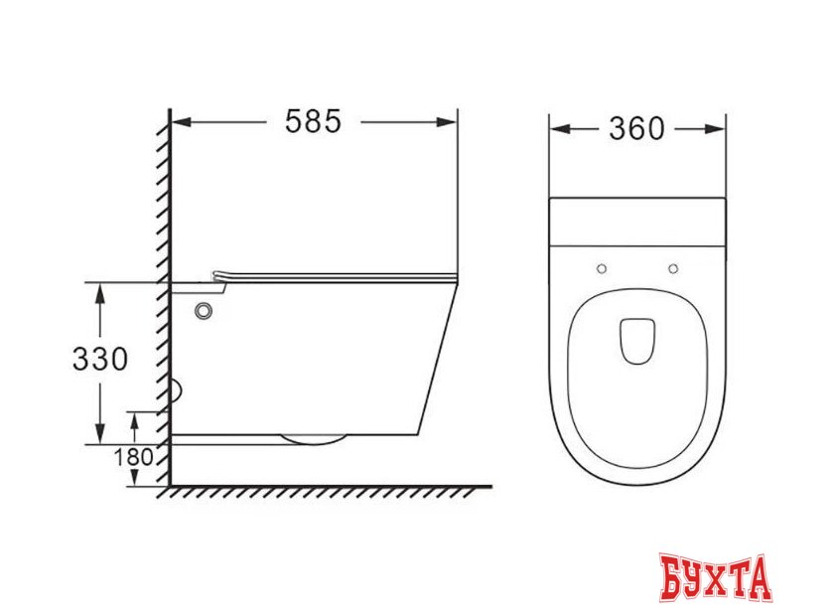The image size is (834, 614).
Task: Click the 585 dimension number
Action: click(x=313, y=121)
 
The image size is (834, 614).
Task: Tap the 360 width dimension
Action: click(x=636, y=128)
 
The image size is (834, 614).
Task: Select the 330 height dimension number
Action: click(x=100, y=359)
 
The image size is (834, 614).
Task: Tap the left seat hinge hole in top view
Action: click(x=602, y=268)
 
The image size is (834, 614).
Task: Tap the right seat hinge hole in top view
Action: click(x=673, y=268)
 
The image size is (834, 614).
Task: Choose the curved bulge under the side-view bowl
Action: click(x=313, y=439)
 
